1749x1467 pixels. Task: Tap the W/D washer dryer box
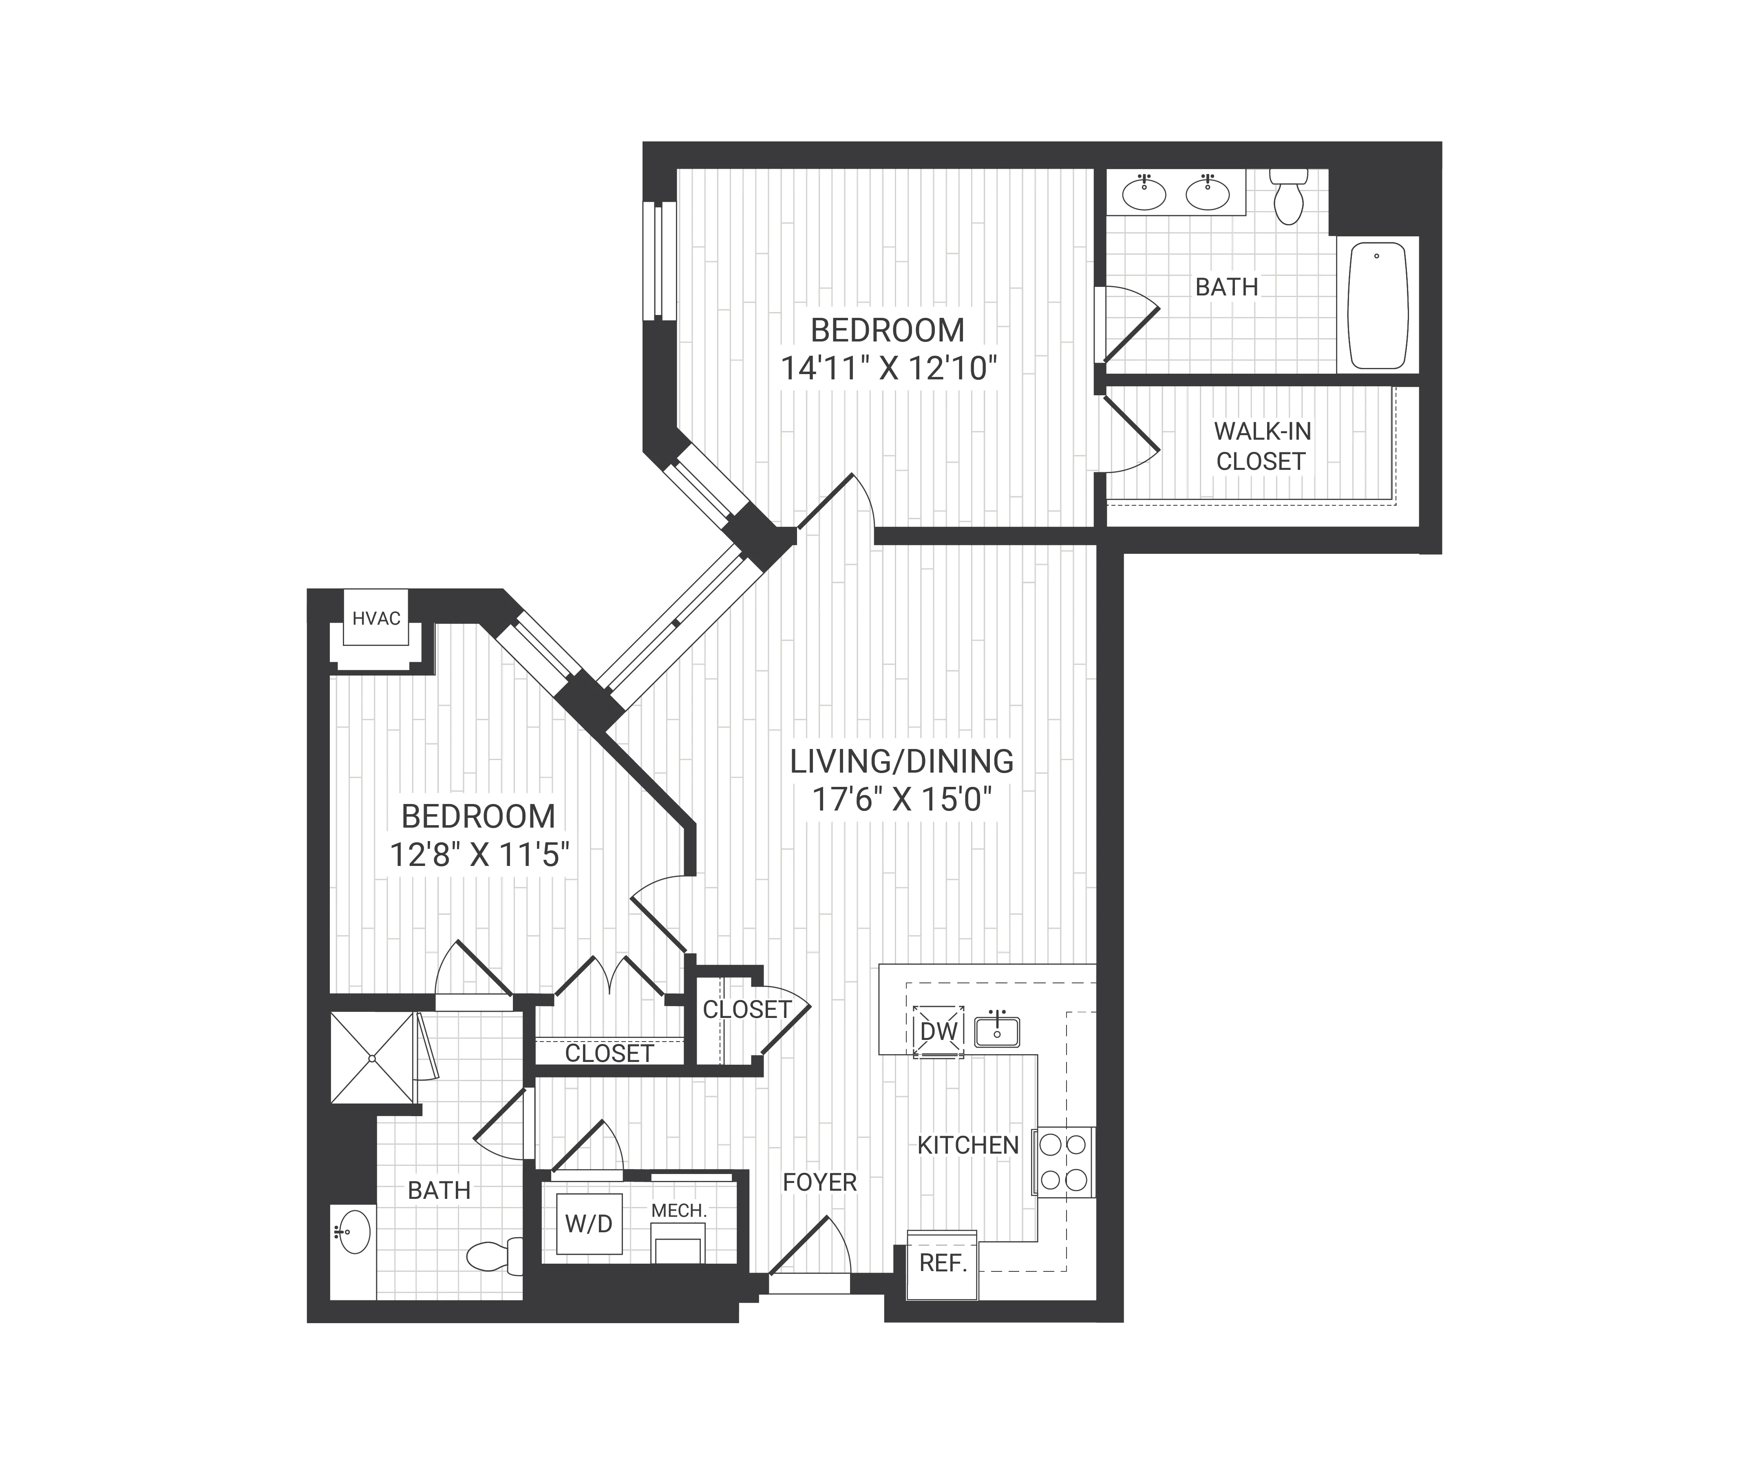(589, 1224)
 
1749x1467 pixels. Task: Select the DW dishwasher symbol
(939, 1031)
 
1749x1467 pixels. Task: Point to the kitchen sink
(997, 1031)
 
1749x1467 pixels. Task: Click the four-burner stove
(1064, 1162)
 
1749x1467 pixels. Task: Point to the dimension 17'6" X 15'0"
(902, 800)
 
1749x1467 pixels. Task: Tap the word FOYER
(819, 1182)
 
